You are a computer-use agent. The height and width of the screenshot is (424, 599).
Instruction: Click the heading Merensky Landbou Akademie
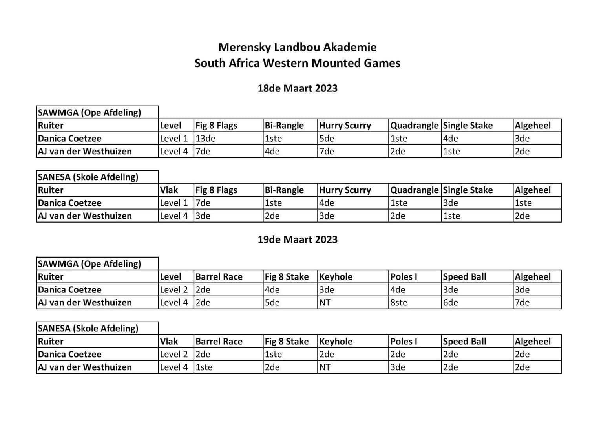click(297, 47)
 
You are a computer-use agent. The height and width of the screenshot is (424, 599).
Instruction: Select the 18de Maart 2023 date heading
click(297, 88)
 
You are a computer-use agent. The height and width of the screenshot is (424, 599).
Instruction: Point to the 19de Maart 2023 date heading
click(297, 239)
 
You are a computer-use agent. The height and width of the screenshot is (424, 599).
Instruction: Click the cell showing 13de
click(206, 139)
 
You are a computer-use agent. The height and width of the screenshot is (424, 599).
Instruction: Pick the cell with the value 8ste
click(399, 303)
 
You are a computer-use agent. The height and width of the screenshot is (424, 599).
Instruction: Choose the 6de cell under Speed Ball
click(451, 303)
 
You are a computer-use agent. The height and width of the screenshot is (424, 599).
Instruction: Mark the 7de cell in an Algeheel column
click(522, 303)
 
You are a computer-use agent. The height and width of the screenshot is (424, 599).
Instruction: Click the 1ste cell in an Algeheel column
click(523, 203)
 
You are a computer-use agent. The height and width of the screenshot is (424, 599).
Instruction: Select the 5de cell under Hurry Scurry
click(327, 139)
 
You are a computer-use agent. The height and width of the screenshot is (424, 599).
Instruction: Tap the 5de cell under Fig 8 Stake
click(272, 303)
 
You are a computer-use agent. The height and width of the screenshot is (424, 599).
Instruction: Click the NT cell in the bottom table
click(325, 367)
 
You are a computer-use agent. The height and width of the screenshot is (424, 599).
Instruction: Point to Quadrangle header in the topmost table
click(414, 126)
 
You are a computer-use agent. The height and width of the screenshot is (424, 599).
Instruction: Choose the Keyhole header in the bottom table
click(336, 342)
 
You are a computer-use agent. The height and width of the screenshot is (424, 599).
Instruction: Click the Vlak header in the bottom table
click(169, 342)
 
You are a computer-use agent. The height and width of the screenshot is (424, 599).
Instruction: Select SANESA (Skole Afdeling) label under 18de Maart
click(88, 177)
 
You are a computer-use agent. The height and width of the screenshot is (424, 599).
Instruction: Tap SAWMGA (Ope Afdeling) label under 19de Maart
click(89, 264)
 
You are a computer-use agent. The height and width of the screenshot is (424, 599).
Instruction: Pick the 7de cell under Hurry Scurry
click(327, 152)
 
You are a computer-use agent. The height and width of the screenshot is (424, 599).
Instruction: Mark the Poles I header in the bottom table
click(404, 342)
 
